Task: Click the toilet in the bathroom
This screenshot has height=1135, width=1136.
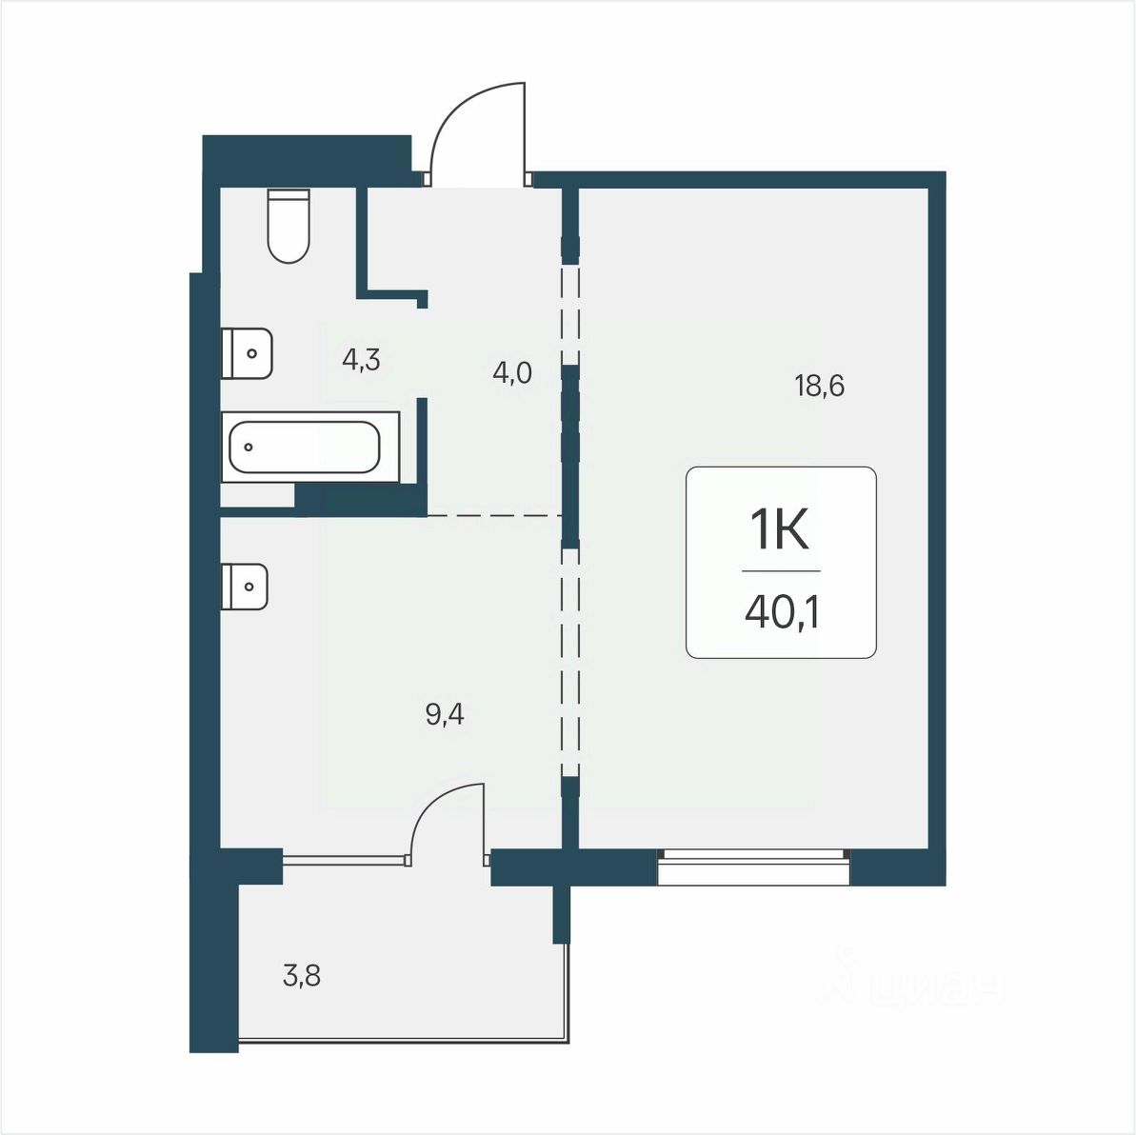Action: point(289,226)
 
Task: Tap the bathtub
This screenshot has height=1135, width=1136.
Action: point(310,447)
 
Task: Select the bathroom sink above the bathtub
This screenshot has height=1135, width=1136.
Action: point(247,352)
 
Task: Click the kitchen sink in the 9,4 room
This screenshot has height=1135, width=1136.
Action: point(245,587)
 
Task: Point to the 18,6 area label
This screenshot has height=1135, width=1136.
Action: point(820,387)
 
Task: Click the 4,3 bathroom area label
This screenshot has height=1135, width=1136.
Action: point(362,360)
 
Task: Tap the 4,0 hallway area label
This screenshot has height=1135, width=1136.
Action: point(512,374)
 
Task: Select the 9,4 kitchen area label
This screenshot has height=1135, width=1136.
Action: point(445,716)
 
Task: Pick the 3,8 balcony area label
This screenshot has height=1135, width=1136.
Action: point(302,977)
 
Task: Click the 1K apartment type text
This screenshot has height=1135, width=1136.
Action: point(780,530)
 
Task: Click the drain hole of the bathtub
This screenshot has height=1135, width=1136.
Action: point(249,447)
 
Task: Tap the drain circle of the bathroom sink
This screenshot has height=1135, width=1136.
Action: point(252,353)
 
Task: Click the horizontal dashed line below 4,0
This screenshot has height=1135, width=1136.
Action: point(495,516)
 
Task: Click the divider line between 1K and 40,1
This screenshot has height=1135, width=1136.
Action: point(781,571)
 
